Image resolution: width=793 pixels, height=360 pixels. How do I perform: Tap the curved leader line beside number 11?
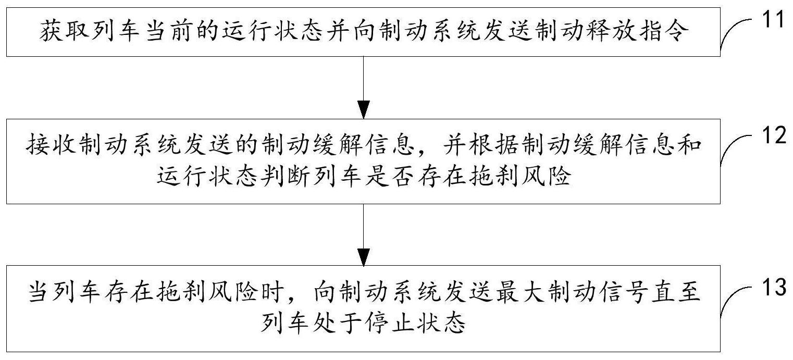(735, 35)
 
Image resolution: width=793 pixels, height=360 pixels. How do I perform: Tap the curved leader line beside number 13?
(735, 302)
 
